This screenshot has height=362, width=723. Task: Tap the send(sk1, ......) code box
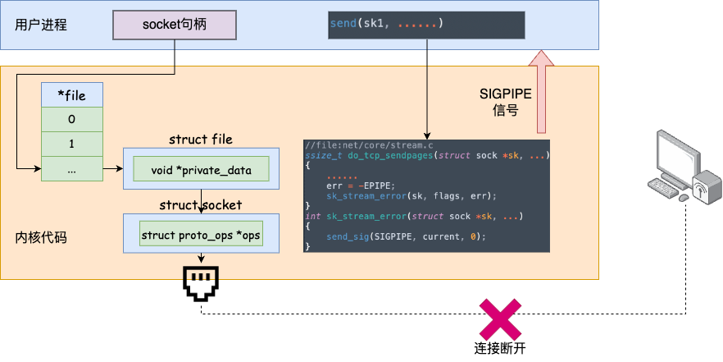click(x=425, y=24)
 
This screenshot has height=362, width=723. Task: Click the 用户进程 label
click(x=40, y=25)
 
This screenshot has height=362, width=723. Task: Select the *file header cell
click(x=71, y=95)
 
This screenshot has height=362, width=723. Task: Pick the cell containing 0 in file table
click(x=71, y=120)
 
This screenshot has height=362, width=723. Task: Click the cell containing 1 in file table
click(x=71, y=144)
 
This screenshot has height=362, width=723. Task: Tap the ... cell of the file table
click(x=71, y=169)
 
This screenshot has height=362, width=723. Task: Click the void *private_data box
click(x=201, y=169)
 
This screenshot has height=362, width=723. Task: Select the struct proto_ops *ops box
click(x=201, y=236)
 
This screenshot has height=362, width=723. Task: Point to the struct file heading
click(x=201, y=140)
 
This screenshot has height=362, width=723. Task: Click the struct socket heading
click(x=201, y=205)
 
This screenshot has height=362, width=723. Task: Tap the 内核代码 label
click(x=41, y=238)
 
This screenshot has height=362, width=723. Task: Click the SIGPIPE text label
click(x=506, y=94)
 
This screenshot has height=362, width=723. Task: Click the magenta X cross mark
click(x=500, y=320)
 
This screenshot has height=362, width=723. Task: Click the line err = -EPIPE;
click(x=360, y=186)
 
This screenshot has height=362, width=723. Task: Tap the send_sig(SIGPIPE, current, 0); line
click(x=406, y=236)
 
